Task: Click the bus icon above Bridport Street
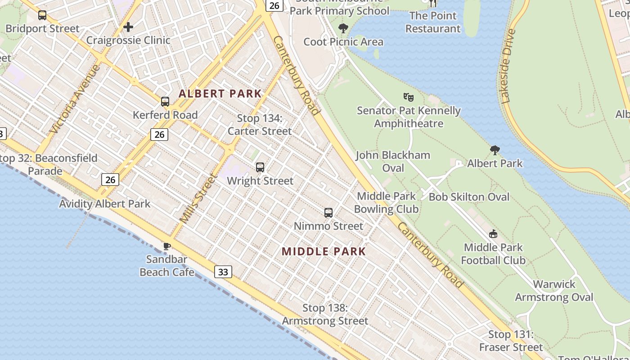(42, 15)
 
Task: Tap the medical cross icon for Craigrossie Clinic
(128, 27)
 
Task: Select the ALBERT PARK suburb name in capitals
(220, 94)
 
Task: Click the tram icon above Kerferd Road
(165, 102)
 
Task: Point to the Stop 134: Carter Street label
(260, 125)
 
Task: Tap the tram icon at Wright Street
(260, 167)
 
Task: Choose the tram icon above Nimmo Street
(328, 213)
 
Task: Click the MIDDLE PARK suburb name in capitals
(324, 251)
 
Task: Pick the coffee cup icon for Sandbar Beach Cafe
(166, 246)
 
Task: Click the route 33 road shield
(223, 271)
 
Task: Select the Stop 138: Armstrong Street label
(325, 315)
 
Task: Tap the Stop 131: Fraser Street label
(511, 341)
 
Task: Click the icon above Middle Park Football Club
(493, 234)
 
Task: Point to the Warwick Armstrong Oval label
(554, 291)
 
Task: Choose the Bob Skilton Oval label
(469, 197)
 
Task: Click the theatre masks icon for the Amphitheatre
(409, 97)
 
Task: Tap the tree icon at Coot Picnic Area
(343, 29)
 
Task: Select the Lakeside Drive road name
(507, 66)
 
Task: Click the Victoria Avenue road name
(75, 99)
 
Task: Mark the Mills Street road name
(198, 198)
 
